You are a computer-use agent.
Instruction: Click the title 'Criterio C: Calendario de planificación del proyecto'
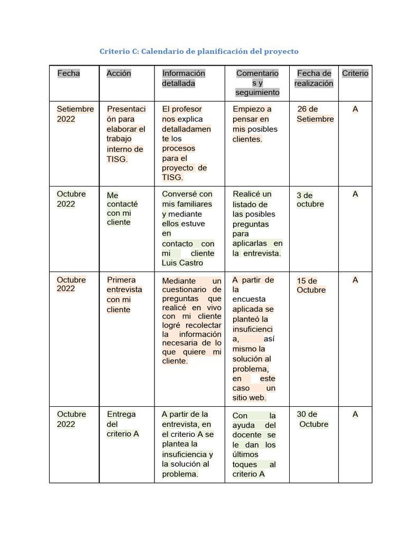click(x=199, y=51)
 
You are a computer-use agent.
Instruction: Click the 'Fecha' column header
click(x=69, y=73)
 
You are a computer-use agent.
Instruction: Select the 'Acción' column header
click(x=119, y=73)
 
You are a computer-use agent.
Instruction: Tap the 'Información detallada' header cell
click(x=183, y=78)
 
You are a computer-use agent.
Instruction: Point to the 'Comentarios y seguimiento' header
click(x=257, y=83)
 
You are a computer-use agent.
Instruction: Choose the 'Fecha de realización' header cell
click(x=314, y=78)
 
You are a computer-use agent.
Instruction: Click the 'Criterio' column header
click(x=355, y=73)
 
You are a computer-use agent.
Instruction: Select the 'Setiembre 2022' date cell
click(x=75, y=114)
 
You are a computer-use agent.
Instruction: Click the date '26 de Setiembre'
click(x=315, y=114)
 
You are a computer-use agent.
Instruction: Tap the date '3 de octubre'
click(x=310, y=200)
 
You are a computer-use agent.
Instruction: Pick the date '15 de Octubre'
click(x=311, y=285)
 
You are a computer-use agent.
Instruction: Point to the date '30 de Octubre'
click(x=312, y=419)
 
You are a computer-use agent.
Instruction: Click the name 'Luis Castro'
click(x=182, y=263)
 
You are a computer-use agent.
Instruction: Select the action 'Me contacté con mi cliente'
click(x=122, y=209)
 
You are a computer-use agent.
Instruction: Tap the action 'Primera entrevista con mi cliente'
click(x=124, y=294)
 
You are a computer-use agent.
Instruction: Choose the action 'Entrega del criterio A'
click(x=123, y=424)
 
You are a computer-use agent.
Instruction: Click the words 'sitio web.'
click(x=250, y=398)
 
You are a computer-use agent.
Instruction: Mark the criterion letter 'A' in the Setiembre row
click(x=355, y=109)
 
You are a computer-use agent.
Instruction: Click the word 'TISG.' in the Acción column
click(x=117, y=159)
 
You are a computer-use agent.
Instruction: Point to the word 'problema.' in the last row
click(x=180, y=474)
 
